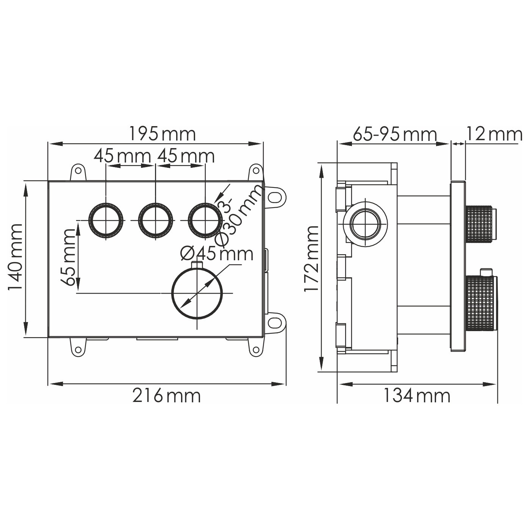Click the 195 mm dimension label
tap(162, 134)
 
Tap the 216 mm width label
tap(167, 396)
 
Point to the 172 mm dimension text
tap(311, 258)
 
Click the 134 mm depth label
tap(417, 396)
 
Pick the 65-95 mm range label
tap(395, 134)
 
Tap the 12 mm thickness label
tap(494, 134)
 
